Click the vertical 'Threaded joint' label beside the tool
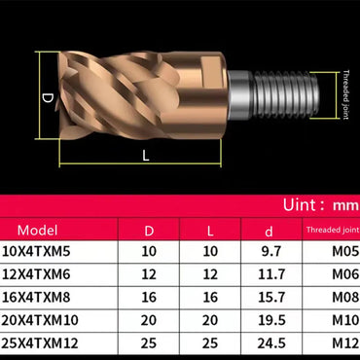tap(344, 94)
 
